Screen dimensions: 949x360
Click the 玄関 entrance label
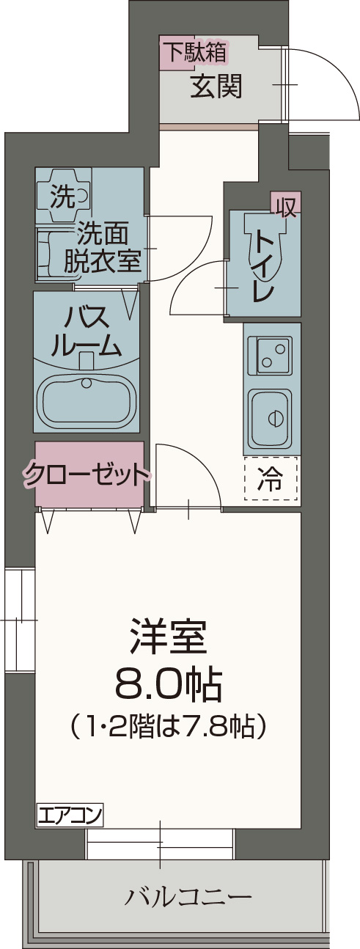[x=216, y=87]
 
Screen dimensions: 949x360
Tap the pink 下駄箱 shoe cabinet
[x=194, y=53]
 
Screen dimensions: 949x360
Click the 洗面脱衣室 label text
[x=102, y=248]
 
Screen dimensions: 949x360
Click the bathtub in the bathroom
[x=87, y=400]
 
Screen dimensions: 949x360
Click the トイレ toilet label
[x=265, y=264]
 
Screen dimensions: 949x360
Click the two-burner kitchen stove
[x=271, y=356]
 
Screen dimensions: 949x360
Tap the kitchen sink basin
[x=270, y=417]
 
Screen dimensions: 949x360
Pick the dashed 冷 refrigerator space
[x=271, y=478]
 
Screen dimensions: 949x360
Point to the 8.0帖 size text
[x=169, y=686]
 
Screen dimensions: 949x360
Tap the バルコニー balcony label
[x=189, y=896]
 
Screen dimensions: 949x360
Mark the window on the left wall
[x=19, y=620]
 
